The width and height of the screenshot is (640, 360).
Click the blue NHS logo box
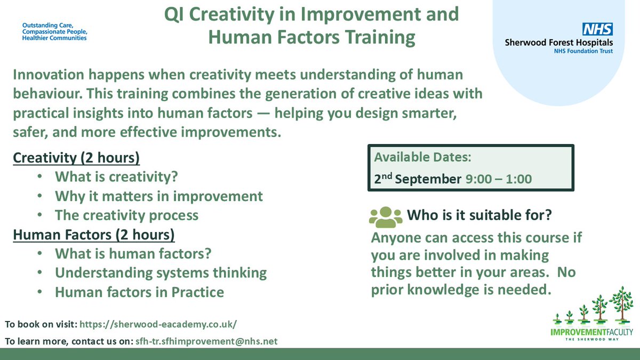click(x=598, y=29)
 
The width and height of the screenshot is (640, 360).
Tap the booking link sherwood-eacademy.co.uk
click(x=158, y=324)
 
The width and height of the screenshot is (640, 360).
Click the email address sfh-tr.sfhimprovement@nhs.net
click(x=206, y=341)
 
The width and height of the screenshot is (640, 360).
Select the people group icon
click(x=386, y=217)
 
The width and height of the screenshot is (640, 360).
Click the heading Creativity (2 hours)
click(x=76, y=158)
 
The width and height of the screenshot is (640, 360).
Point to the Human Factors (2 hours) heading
click(x=94, y=235)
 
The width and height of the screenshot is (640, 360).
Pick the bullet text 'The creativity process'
click(x=126, y=215)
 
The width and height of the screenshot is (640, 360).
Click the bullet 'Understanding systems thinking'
click(x=161, y=273)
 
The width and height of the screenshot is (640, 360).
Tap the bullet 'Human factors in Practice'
click(x=139, y=292)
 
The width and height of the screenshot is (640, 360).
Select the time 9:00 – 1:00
click(x=499, y=179)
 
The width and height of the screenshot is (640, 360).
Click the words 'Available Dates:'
click(x=422, y=157)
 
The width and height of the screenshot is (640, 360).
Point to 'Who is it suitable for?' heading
click(x=479, y=215)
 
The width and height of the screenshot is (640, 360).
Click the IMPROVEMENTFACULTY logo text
click(x=591, y=332)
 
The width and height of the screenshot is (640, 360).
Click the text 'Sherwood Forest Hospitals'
click(x=559, y=43)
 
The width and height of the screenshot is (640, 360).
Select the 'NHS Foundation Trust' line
click(x=583, y=51)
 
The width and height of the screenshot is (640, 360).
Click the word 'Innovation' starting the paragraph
click(x=49, y=75)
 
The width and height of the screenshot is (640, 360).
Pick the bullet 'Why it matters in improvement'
click(x=159, y=196)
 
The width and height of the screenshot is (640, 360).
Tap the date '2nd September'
click(x=418, y=179)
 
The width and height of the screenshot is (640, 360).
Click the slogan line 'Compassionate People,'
click(x=55, y=31)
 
